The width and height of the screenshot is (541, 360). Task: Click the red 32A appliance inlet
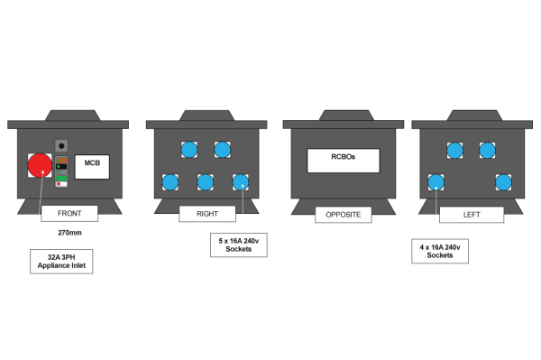point(40,165)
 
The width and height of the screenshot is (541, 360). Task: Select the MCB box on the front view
point(92,166)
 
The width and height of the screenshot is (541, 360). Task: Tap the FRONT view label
point(69,214)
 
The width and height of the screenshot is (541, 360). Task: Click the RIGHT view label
point(206,214)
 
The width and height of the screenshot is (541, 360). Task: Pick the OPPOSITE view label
point(343,215)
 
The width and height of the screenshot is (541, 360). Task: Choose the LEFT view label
point(472,214)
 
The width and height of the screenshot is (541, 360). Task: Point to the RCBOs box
point(343,160)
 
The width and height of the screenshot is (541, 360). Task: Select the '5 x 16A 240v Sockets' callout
point(239,245)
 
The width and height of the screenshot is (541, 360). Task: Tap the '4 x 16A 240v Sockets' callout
point(440,251)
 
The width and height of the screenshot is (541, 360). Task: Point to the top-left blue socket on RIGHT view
point(189,150)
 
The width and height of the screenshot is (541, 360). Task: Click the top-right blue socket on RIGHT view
point(223,150)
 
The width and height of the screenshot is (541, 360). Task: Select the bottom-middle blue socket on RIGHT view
point(206,182)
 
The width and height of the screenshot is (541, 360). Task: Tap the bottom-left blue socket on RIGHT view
point(170,182)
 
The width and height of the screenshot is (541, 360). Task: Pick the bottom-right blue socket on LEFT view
point(503,182)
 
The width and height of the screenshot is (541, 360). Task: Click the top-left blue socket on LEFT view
point(454,150)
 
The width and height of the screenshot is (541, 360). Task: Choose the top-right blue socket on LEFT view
point(487,150)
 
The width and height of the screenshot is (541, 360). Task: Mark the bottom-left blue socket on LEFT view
point(436,182)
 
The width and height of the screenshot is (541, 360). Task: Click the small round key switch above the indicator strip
point(62,145)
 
